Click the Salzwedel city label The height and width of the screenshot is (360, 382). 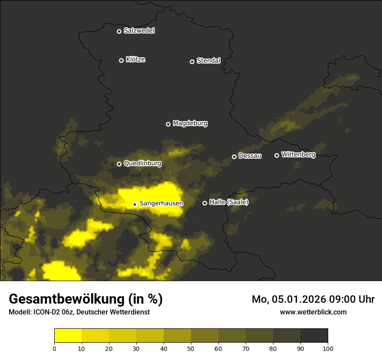point(139,31)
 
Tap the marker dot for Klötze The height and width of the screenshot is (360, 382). point(122,60)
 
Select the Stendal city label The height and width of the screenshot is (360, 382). point(208,61)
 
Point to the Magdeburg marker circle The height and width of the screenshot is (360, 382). point(168,124)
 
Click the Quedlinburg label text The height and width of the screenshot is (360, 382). point(142,164)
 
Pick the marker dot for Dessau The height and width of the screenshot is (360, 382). point(234,157)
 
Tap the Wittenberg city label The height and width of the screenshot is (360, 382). point(298,154)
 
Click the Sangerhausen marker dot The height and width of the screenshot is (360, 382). point(135,204)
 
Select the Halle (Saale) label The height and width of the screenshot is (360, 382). point(229,202)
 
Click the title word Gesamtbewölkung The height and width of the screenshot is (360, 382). point(66,299)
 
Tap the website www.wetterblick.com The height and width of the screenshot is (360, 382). point(313,312)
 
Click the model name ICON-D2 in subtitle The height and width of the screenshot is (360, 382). point(46,312)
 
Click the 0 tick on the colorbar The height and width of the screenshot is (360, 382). point(54,348)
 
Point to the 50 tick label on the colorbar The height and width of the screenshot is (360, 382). point(191,348)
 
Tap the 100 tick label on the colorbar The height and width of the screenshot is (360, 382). point(328,348)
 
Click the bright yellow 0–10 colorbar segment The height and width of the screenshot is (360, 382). point(68,336)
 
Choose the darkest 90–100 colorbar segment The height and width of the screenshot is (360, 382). point(314,336)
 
